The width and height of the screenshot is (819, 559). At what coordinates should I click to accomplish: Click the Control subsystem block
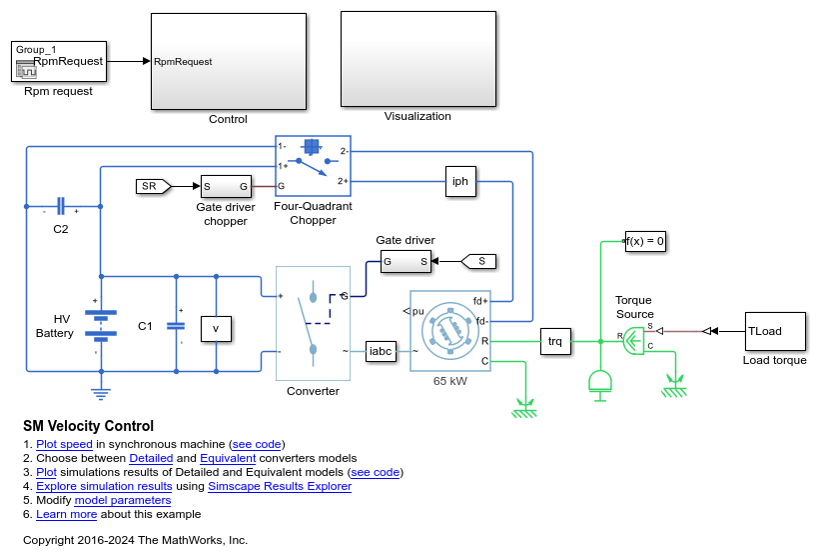click(228, 61)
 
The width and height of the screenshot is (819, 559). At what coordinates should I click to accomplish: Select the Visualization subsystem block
click(417, 58)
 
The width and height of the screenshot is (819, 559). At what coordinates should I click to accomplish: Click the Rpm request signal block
click(59, 61)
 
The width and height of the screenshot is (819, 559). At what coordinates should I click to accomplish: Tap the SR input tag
click(151, 186)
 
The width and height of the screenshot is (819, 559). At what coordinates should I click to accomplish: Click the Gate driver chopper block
click(225, 186)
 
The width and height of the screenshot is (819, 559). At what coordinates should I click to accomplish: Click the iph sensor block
click(460, 182)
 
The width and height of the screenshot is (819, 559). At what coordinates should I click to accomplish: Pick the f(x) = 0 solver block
click(645, 241)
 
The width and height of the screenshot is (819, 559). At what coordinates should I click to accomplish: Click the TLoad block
click(774, 331)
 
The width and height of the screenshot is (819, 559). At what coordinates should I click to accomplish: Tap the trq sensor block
click(555, 341)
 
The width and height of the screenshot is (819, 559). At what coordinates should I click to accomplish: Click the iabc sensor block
click(381, 351)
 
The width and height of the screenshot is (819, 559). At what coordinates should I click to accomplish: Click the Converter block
click(313, 323)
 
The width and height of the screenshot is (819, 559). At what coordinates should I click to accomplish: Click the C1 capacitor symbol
click(176, 324)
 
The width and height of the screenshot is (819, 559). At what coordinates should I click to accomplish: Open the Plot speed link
click(64, 444)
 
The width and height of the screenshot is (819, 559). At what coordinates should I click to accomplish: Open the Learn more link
click(66, 514)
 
